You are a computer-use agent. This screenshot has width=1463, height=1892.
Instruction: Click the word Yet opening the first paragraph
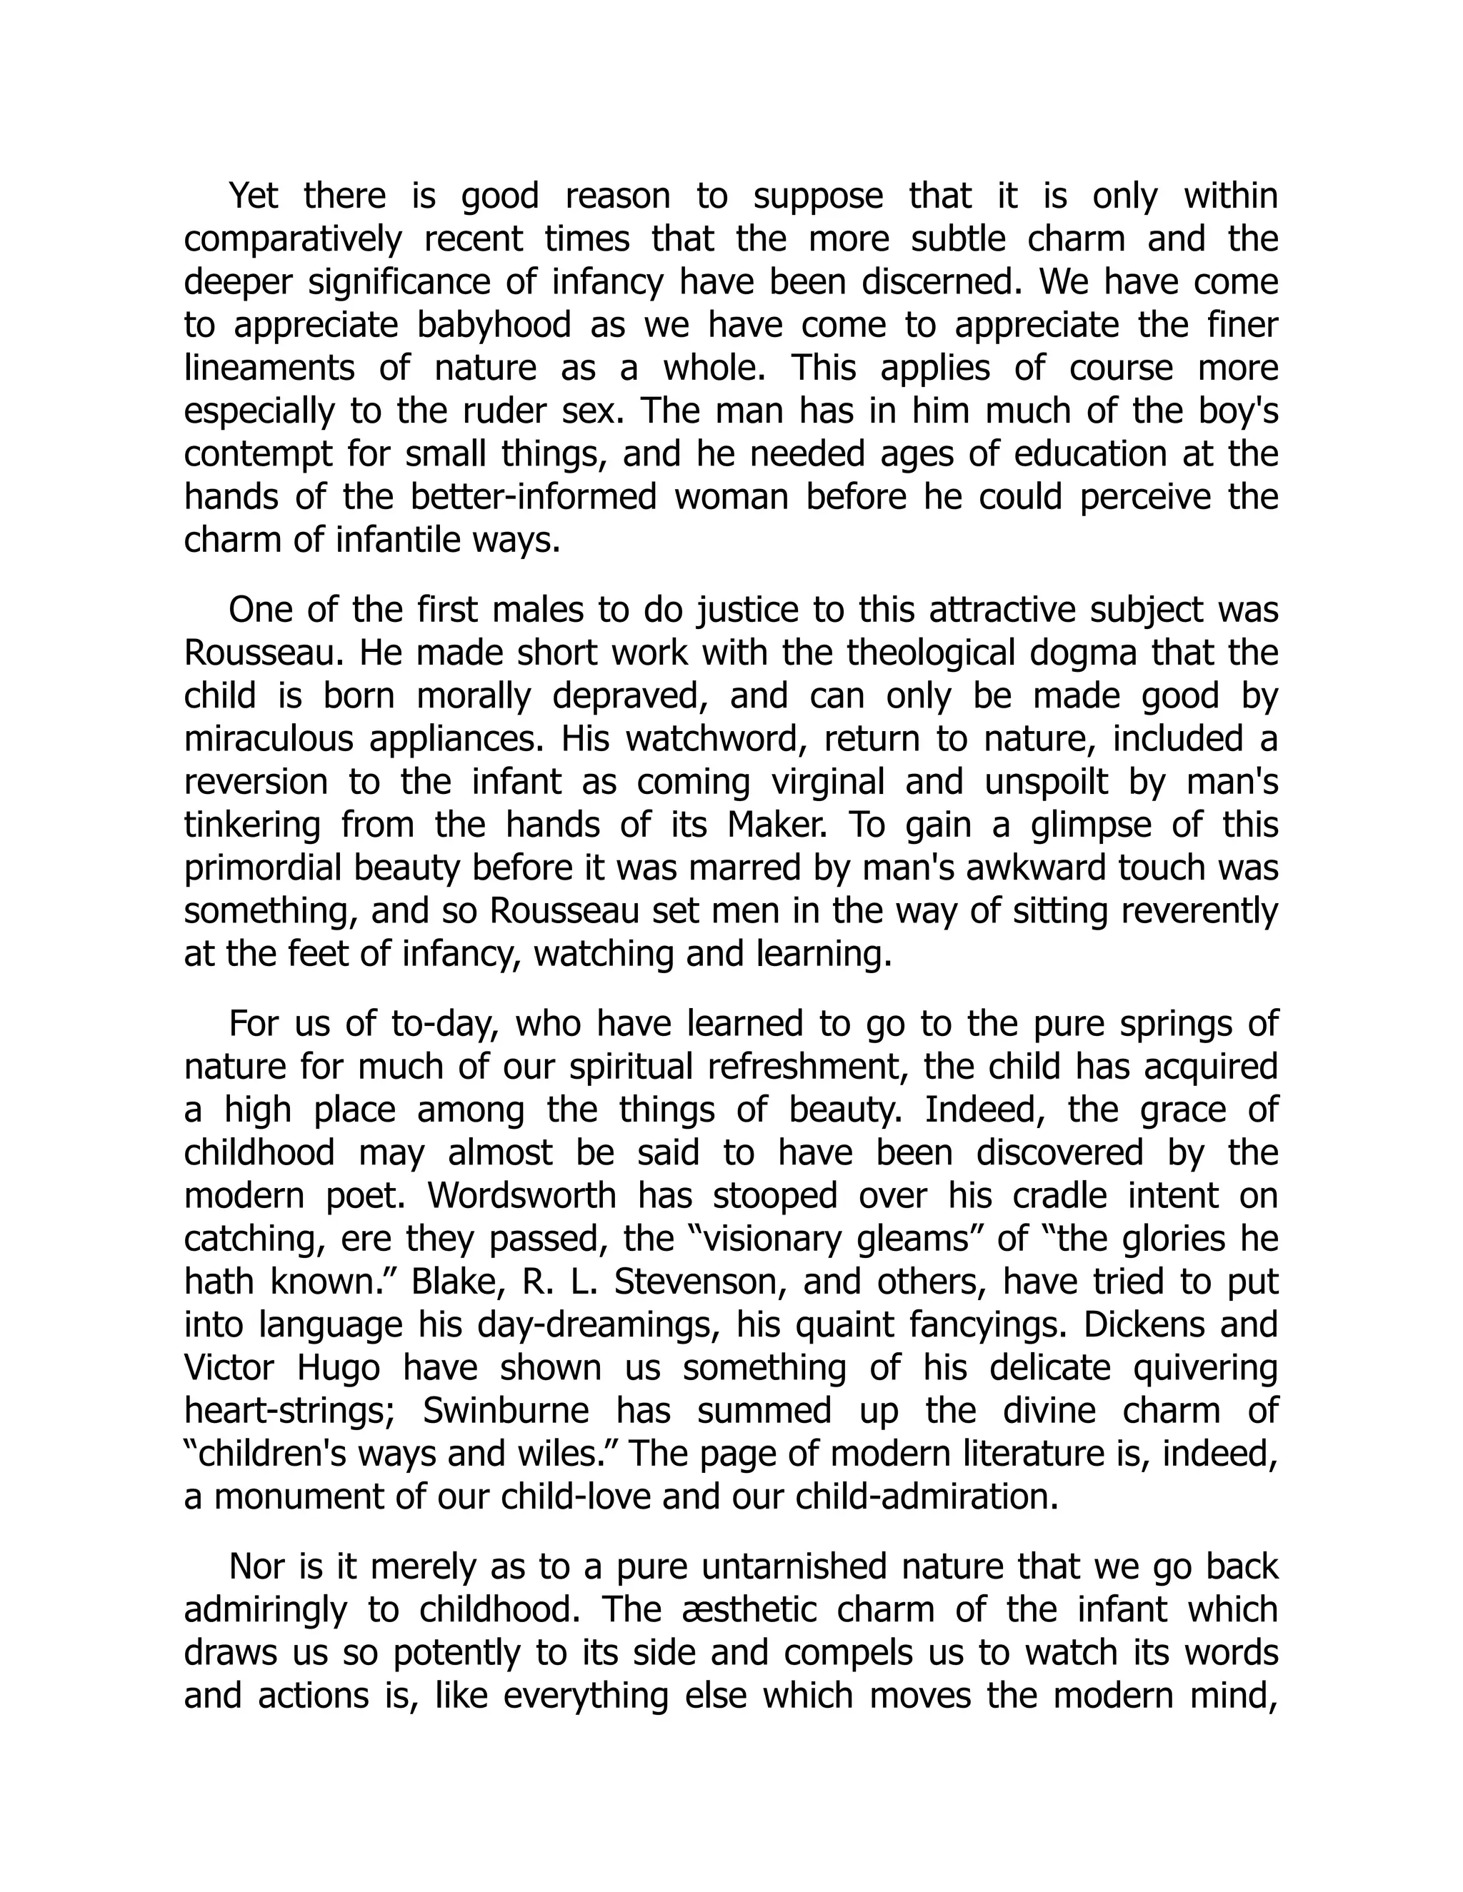tap(253, 196)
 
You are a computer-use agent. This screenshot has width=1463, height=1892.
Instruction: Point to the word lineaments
tap(269, 368)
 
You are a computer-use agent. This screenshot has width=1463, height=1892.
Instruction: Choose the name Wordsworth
tap(521, 1197)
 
